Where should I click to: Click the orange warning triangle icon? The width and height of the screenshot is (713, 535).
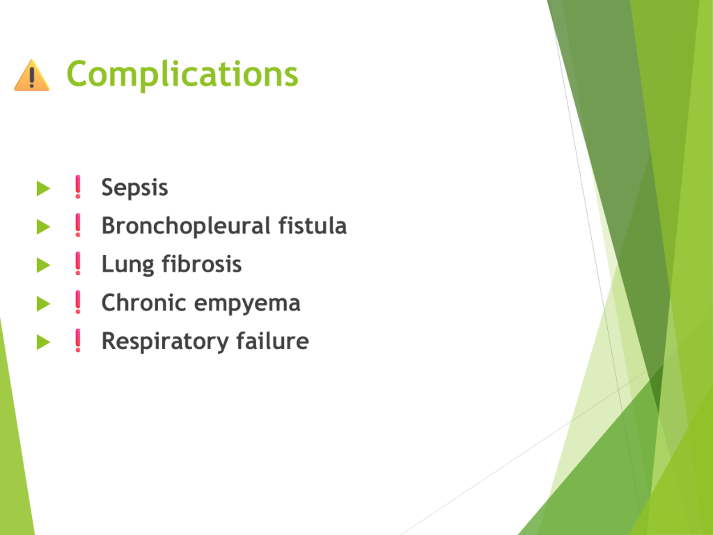click(32, 75)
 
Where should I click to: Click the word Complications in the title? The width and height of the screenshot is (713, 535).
click(182, 74)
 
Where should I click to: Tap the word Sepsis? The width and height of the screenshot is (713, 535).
click(134, 187)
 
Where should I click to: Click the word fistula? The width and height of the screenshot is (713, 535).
click(313, 226)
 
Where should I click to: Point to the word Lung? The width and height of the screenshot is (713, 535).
click(128, 265)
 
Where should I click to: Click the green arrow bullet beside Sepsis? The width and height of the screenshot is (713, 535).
click(43, 188)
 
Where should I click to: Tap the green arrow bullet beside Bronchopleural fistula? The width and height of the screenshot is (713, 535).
click(43, 226)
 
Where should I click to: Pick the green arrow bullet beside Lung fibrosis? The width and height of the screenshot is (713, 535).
click(43, 265)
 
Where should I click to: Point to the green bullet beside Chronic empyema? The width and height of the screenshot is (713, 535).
click(43, 304)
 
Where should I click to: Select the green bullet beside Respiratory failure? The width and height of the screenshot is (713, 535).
click(43, 341)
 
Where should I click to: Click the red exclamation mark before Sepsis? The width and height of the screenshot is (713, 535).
click(78, 187)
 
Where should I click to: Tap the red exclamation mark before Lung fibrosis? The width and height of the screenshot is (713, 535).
click(78, 264)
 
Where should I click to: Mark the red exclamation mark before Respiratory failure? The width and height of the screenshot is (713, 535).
click(78, 341)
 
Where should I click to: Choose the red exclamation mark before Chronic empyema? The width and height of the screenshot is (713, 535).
click(78, 302)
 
